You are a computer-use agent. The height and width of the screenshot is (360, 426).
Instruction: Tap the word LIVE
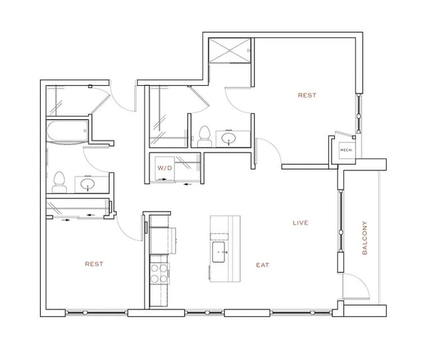[300, 223]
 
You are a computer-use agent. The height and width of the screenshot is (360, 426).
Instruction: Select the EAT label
[262, 265]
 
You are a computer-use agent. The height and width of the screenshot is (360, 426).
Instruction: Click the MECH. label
[345, 150]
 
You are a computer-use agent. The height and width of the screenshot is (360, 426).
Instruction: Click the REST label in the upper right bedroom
[307, 95]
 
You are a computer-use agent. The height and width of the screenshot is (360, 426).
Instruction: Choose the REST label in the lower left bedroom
[94, 264]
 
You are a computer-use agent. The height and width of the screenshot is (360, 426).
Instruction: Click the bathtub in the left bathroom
[68, 132]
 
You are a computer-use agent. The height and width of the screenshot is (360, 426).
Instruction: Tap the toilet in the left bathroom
[59, 180]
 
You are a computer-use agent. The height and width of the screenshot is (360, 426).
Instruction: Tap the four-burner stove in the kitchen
[160, 272]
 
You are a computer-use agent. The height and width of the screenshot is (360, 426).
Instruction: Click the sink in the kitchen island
[218, 252]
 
